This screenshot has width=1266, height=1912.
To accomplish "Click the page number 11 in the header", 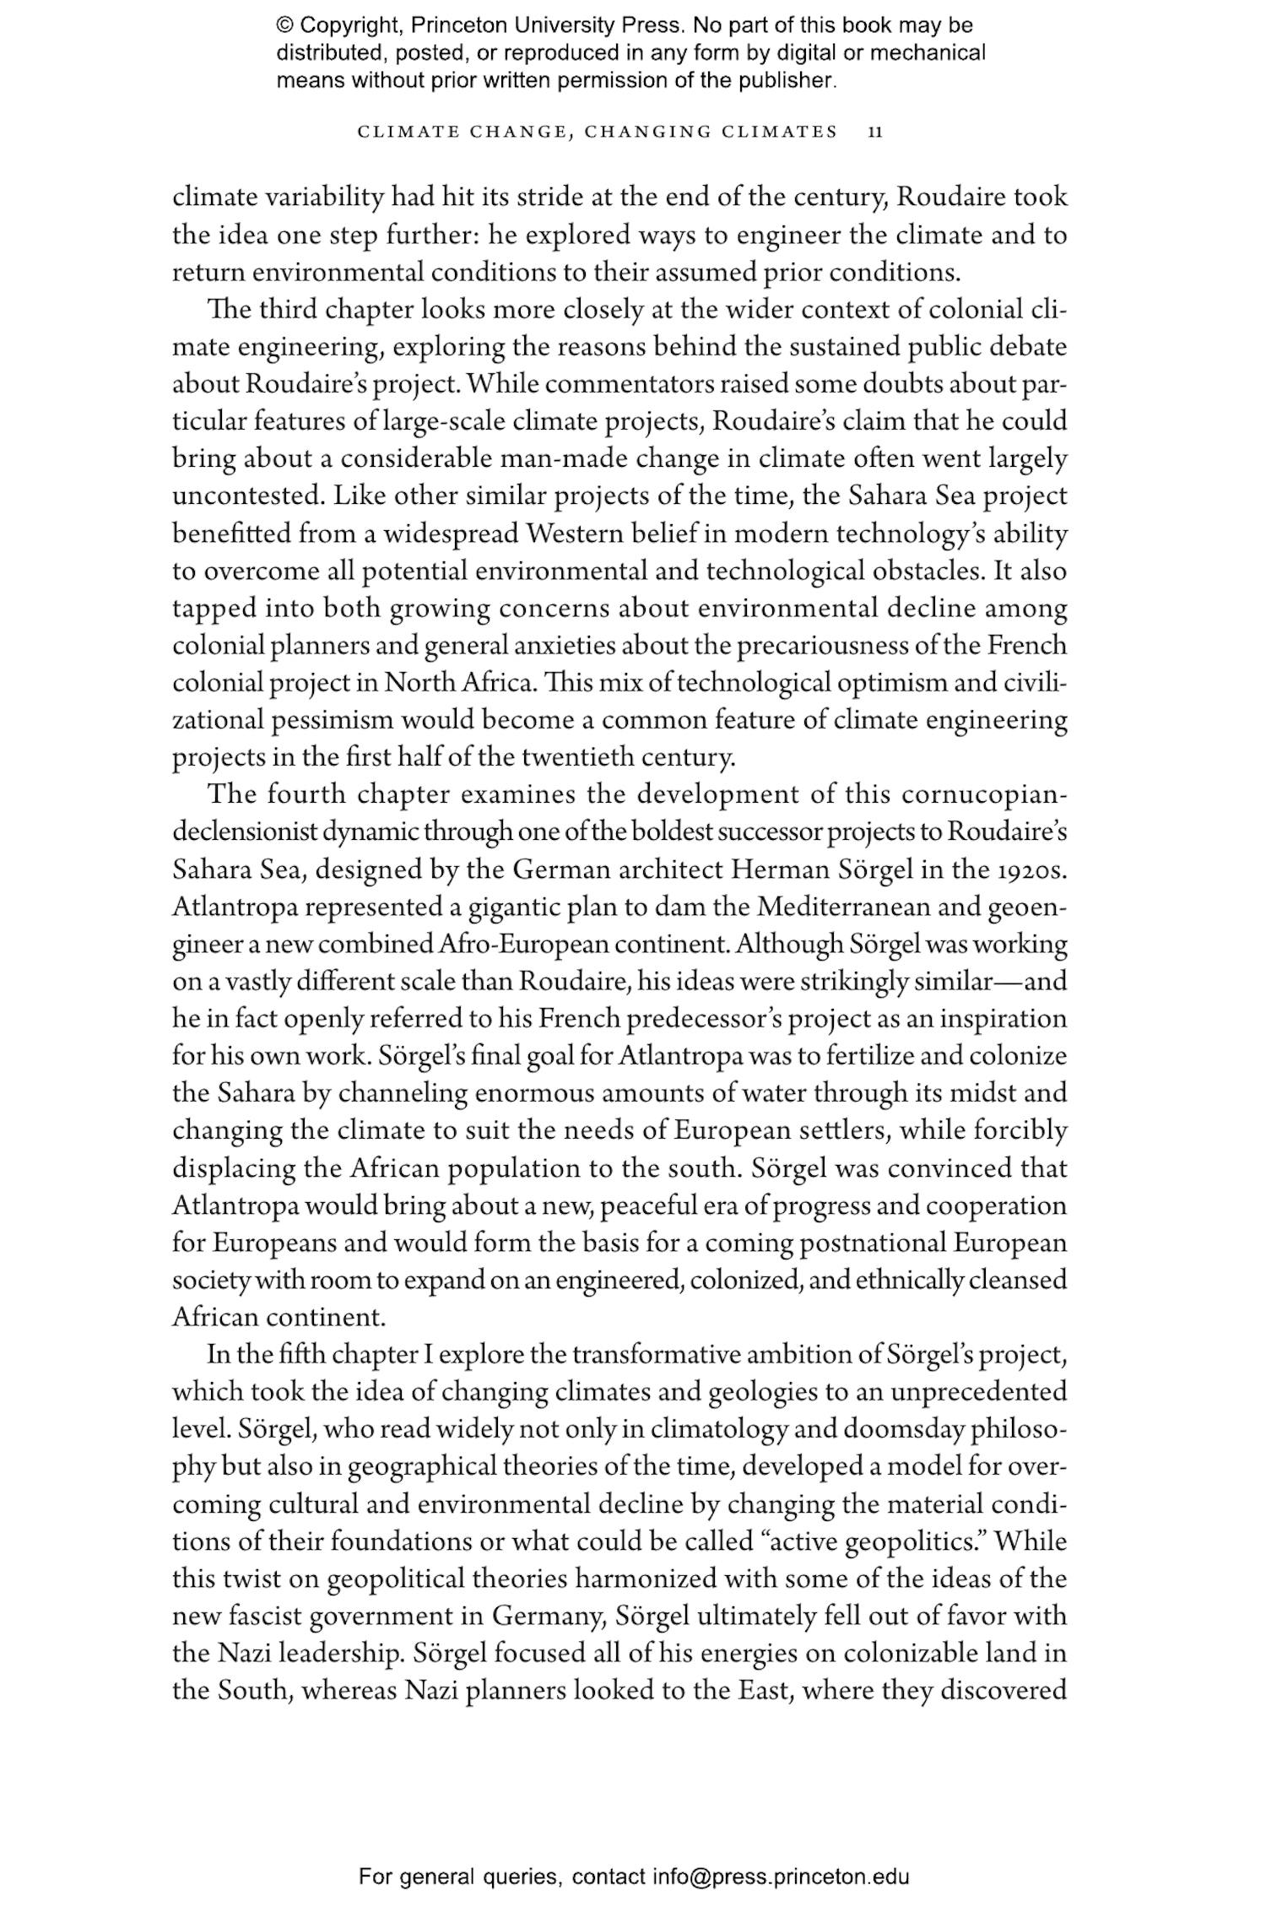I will [x=875, y=132].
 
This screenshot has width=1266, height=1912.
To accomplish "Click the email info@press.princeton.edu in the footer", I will [x=781, y=1877].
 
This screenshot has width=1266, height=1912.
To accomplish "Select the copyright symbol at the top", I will [x=284, y=25].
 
